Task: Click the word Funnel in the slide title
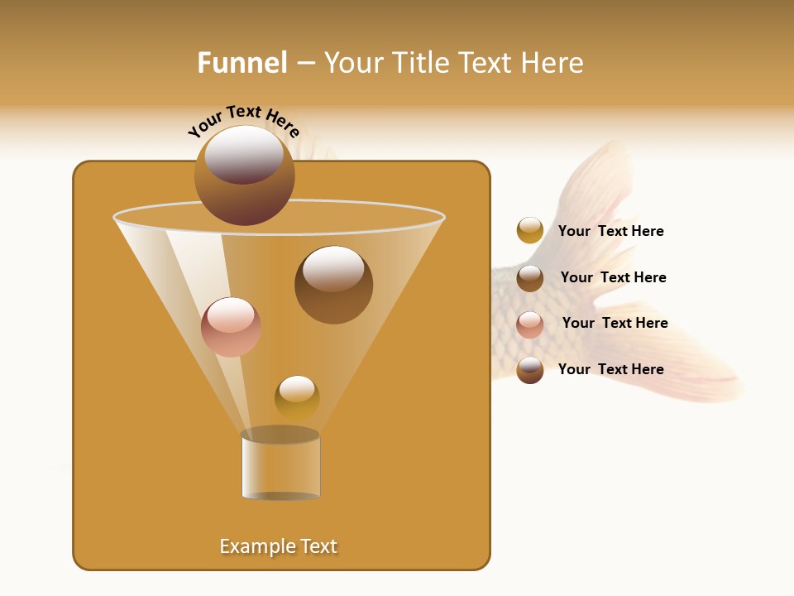(242, 63)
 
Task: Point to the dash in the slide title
(304, 64)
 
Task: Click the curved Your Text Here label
(243, 121)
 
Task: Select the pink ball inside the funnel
(231, 327)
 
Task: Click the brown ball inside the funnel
(333, 285)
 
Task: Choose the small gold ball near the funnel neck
(297, 397)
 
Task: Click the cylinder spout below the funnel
(280, 468)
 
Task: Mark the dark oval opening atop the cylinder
(280, 435)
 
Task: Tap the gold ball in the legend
(530, 230)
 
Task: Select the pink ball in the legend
(530, 324)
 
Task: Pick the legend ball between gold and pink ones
(530, 278)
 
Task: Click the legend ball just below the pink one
(530, 370)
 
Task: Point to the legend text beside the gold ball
(610, 231)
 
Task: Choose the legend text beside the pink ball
(615, 323)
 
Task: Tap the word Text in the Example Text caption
(318, 546)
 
